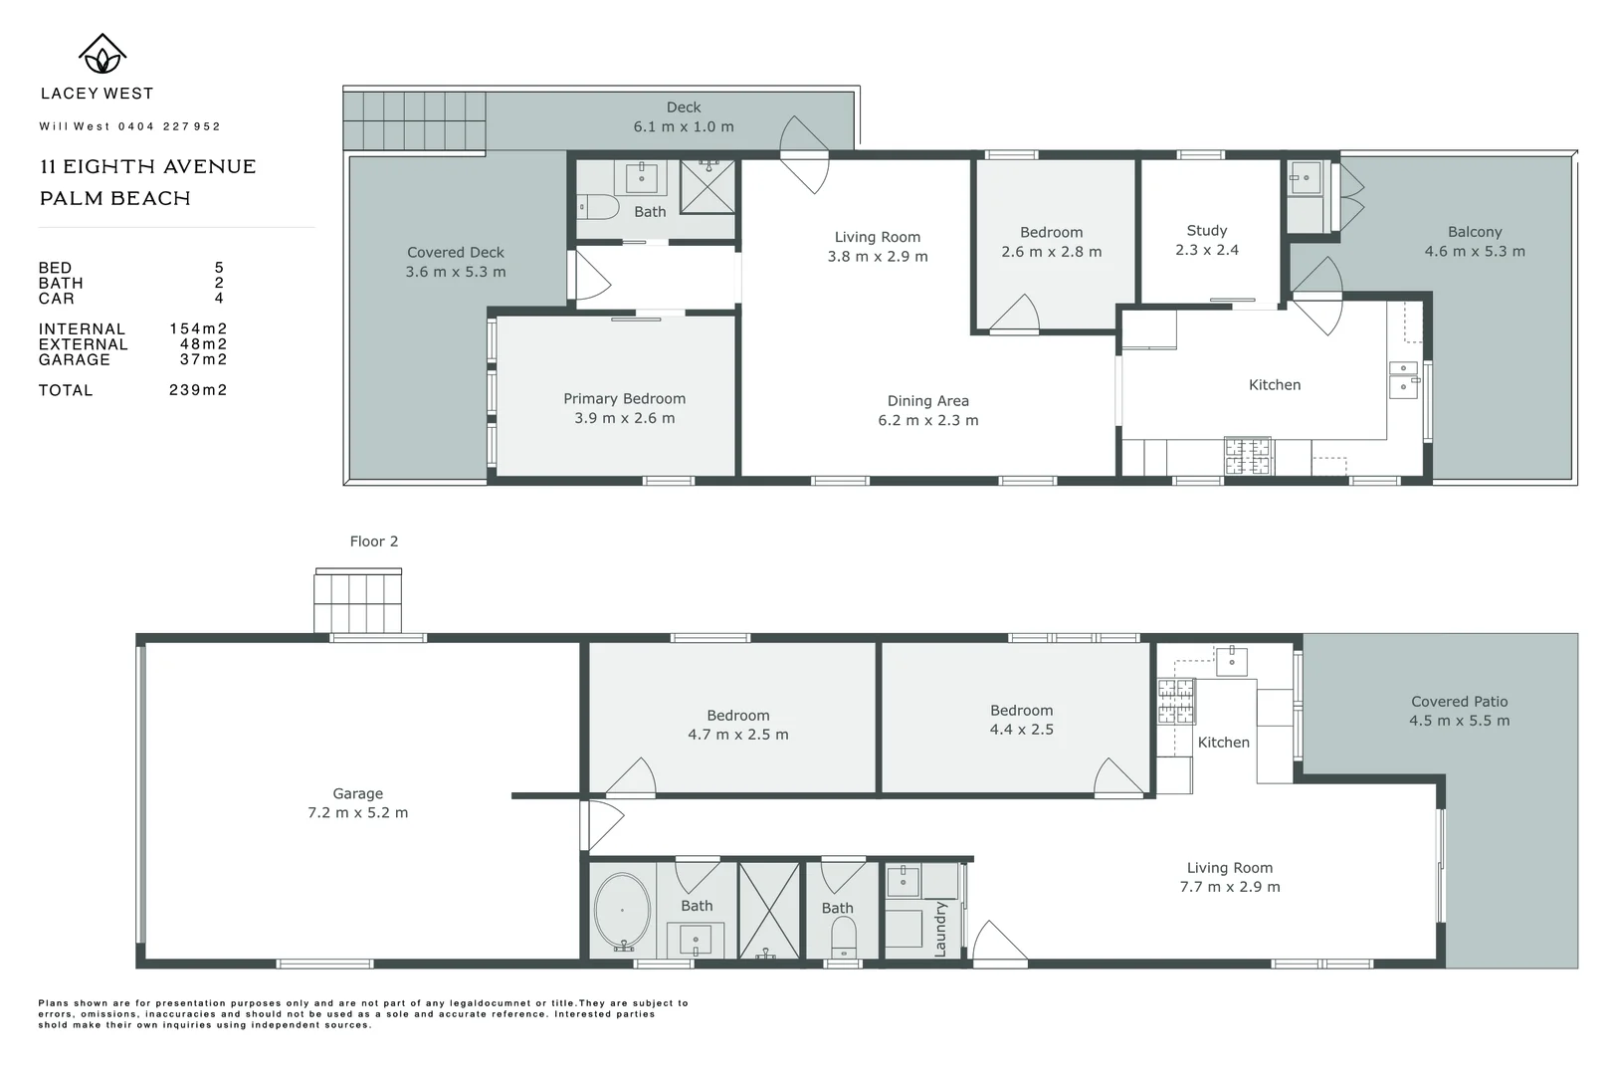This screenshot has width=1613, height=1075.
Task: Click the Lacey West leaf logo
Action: [x=101, y=55]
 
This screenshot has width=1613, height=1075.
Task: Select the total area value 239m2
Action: [x=198, y=390]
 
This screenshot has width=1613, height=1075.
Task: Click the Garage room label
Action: [x=357, y=793]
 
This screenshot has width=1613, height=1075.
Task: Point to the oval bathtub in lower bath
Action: [x=622, y=910]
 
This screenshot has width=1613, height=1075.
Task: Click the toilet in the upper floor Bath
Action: [x=598, y=207]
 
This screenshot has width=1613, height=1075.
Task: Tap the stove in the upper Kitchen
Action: [x=1247, y=456]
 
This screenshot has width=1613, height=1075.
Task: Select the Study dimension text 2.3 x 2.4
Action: [x=1206, y=250]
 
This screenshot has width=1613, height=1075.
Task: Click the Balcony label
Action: [x=1474, y=231]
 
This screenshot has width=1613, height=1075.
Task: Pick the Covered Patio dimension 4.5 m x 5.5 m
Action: [x=1459, y=721]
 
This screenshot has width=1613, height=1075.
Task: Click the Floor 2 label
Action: [x=373, y=541]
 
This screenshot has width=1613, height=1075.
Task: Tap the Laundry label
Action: [x=940, y=930]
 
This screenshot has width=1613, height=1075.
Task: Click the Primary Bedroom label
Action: [x=624, y=398]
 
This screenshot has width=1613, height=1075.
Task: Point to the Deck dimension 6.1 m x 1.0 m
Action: [x=684, y=126]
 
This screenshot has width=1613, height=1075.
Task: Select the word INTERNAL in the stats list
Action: [x=82, y=329]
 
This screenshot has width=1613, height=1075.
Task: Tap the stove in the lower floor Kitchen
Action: [x=1175, y=701]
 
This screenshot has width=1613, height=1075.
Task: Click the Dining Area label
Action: [x=927, y=401]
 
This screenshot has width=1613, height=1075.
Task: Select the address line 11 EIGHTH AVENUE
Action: [x=147, y=167]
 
